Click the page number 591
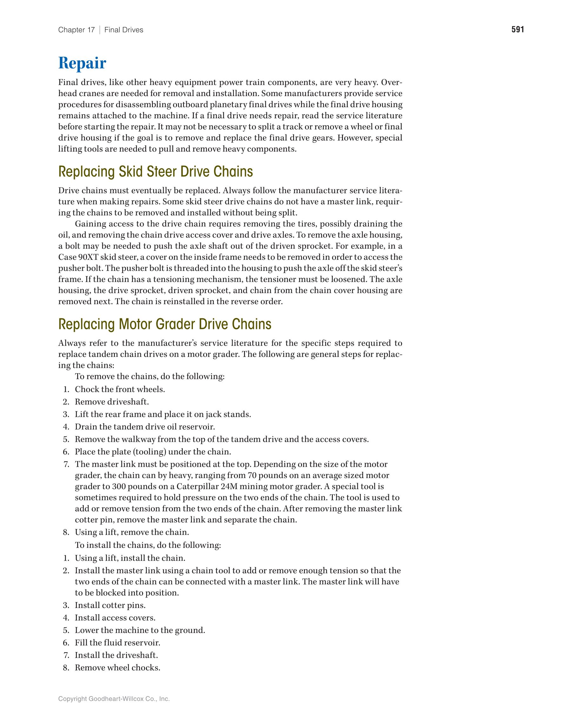[x=517, y=29]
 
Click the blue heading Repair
[x=82, y=63]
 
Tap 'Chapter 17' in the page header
[x=76, y=30]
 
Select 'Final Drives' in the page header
[x=124, y=30]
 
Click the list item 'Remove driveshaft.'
[x=112, y=402]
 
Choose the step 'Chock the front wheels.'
[x=120, y=389]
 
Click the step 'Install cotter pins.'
[x=110, y=605]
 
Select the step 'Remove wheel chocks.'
[x=117, y=667]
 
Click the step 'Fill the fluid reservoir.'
[x=117, y=642]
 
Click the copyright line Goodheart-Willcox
[x=114, y=699]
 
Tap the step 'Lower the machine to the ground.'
[x=140, y=630]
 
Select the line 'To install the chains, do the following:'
[x=148, y=545]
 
